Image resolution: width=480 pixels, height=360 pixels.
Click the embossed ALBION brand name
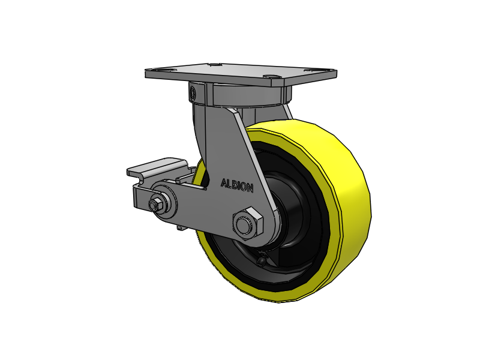237,185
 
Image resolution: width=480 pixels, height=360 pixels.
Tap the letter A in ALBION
224,183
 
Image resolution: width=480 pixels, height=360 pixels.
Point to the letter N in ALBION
250,188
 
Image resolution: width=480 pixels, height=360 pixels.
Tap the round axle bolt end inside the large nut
245,225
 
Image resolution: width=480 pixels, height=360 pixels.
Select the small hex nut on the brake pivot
154,204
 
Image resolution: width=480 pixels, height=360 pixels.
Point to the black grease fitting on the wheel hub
262,260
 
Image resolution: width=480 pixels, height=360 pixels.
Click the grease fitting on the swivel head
193,92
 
